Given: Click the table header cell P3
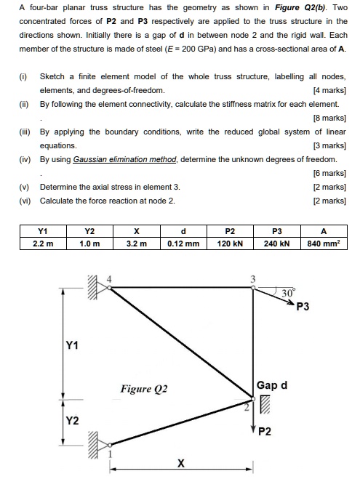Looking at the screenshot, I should click(277, 230).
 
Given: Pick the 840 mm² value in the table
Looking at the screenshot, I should click(324, 243).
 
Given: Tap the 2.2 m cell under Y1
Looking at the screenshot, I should click(42, 243).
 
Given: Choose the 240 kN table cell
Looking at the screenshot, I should click(277, 243).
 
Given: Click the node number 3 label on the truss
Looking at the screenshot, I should click(253, 278).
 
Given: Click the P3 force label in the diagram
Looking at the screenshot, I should click(303, 307).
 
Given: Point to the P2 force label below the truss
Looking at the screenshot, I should click(265, 432).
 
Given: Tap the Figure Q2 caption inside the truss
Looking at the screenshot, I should click(144, 389).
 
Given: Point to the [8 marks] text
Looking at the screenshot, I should click(329, 118).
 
